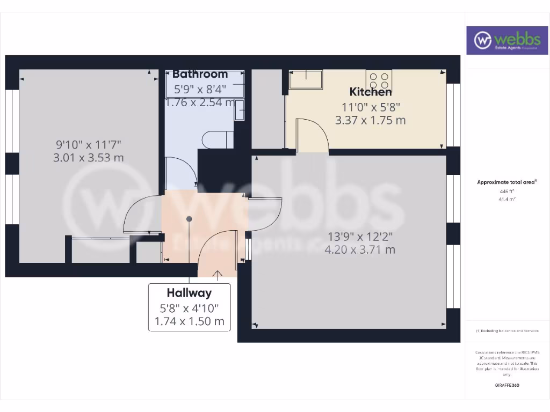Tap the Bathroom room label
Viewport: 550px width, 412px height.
[x=200, y=74]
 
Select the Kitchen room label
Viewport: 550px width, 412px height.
[x=371, y=92]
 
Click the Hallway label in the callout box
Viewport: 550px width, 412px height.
[x=189, y=293]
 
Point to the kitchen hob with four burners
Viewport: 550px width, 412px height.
[x=379, y=80]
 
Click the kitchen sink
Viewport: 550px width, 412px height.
[x=306, y=80]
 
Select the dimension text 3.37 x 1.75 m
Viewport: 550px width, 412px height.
[x=371, y=120]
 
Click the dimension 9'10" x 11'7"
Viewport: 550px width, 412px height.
[x=89, y=144]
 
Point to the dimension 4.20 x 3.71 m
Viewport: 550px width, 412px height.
[x=360, y=249]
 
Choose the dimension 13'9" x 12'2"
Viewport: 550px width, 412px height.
[x=360, y=236]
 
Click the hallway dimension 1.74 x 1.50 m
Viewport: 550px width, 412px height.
[x=189, y=322]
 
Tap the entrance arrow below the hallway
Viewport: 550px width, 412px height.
[x=218, y=276]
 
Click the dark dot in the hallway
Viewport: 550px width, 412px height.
[x=189, y=218]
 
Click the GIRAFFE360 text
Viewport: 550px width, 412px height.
[x=507, y=385]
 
